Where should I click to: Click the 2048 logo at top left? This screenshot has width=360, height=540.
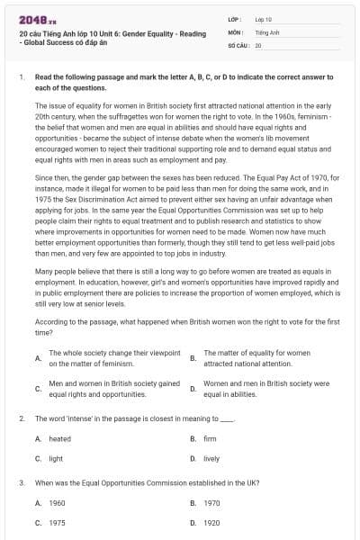[34, 19]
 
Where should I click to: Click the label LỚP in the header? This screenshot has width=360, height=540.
[236, 19]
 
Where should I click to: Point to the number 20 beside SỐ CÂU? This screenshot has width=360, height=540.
[258, 44]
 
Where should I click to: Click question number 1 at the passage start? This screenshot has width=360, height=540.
[21, 78]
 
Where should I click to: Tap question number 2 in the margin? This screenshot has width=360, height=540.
[21, 418]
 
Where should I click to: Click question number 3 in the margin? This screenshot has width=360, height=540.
[21, 482]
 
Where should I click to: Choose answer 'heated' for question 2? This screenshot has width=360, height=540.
[59, 438]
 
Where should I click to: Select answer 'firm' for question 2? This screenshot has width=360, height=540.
[210, 438]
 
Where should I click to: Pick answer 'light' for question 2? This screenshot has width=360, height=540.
[56, 458]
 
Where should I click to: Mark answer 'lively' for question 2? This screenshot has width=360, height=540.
[211, 458]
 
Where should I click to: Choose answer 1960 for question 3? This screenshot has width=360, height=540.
[57, 502]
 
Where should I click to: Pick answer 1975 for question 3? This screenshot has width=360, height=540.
[57, 522]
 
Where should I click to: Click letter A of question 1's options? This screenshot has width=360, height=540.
[37, 358]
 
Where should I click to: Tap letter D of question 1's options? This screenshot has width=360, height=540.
[193, 388]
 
